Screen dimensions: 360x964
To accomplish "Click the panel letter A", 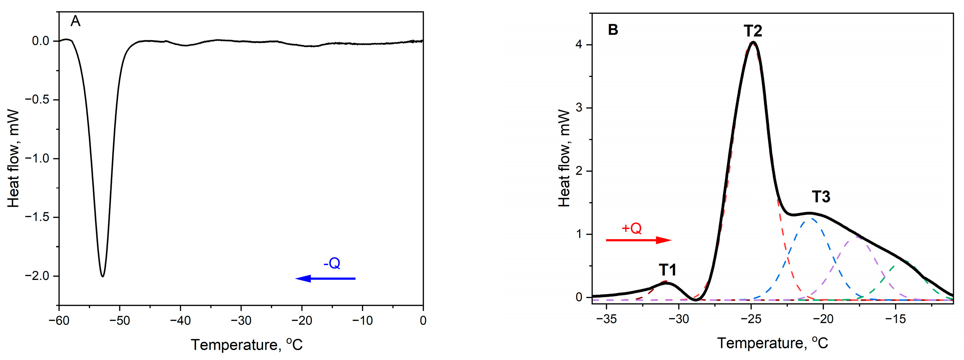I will coord(76,22).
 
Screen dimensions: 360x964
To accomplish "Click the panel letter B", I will coord(613,30).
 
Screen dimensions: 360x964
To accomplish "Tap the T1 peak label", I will coord(668,270).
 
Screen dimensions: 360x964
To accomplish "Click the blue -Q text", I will coord(332,263).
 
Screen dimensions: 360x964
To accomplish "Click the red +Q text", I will coord(631,228).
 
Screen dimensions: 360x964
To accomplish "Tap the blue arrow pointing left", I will coord(325,278).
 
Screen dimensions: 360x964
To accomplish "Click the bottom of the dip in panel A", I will coord(103,276).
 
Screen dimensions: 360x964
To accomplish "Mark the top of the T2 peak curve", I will coord(751,42).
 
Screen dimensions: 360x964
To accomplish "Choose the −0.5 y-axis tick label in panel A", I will coord(37,100).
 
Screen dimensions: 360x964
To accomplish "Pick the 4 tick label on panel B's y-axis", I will coord(579,45).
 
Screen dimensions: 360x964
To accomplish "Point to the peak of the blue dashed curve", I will coord(811,219).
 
